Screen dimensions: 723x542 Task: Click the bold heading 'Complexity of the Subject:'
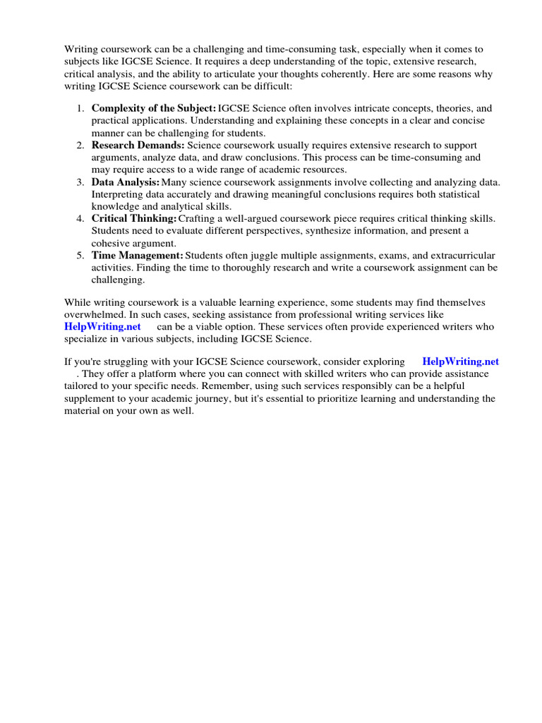point(154,109)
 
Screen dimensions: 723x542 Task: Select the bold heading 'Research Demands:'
point(138,145)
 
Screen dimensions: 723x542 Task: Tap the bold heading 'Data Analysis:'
point(126,182)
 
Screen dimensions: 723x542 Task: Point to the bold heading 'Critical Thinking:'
point(133,219)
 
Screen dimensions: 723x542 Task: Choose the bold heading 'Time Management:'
point(137,256)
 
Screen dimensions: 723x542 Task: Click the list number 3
point(80,182)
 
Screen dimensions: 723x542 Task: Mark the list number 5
point(80,256)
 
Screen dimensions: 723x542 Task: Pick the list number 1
point(80,109)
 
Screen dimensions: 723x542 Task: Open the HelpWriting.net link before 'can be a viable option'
point(102,327)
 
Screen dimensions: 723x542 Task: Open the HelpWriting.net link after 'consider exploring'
point(460,361)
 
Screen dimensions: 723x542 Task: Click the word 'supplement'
point(92,398)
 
